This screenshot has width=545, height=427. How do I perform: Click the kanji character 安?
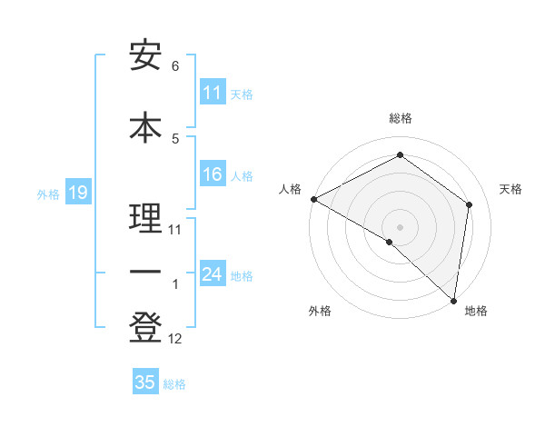145,56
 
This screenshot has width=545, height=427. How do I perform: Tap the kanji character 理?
145,219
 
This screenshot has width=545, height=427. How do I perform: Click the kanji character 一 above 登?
145,273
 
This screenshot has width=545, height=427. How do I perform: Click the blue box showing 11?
213,93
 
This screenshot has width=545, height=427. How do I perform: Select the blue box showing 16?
213,174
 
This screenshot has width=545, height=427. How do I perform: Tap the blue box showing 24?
213,274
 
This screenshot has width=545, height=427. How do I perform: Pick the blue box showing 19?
77,193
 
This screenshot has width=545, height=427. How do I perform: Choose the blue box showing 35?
145,382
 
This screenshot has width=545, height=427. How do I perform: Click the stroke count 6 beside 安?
175,66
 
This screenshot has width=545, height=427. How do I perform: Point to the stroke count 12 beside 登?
175,339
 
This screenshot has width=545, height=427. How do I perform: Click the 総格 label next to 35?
174,383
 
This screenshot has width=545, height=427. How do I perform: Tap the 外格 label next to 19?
47,194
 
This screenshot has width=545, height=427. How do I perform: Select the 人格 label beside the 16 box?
242,175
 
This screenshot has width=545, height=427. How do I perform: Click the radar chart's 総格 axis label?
400,118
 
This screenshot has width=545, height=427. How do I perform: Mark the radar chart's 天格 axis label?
511,189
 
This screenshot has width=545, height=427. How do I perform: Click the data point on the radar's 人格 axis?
313,199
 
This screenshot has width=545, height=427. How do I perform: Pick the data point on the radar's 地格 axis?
453,299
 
